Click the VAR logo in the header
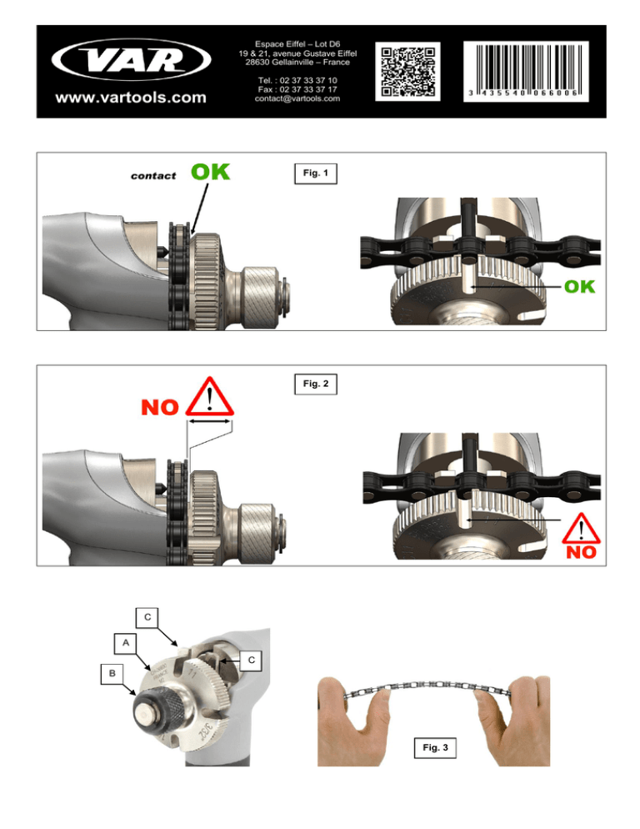131,60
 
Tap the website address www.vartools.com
131,98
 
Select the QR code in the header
408,72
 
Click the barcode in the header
527,72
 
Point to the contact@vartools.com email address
297,98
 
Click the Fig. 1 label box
316,173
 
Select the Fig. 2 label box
316,384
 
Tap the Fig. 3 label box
435,747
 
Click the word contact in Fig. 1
153,176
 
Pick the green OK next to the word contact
210,172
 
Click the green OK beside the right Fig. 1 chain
579,287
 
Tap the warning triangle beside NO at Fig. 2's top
210,396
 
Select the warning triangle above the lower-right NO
581,528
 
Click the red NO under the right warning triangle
581,552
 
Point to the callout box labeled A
126,643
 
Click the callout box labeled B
112,674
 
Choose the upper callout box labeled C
147,617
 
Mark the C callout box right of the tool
252,660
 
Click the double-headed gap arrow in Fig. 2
210,421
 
